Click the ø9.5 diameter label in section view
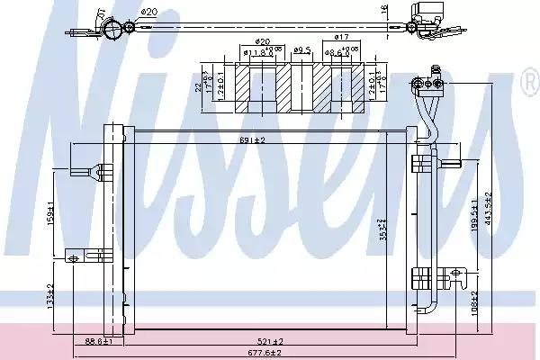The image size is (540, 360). coord(303,50)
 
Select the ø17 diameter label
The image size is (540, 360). coord(341,37)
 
